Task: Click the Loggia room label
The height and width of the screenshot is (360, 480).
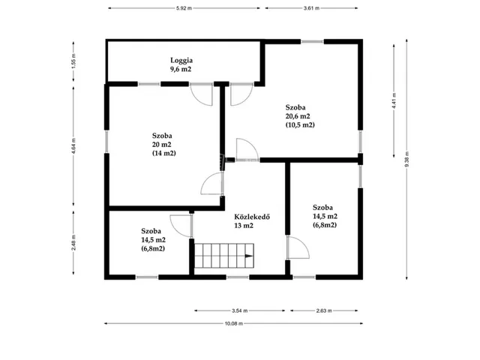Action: click(181, 60)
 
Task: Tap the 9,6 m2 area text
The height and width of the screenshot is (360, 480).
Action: click(181, 69)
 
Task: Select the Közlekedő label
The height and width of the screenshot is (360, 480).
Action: click(252, 217)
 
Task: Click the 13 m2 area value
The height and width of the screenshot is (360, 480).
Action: click(244, 226)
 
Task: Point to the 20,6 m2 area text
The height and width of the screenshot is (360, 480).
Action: click(298, 116)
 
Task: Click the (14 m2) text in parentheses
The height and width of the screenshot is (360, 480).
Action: click(164, 153)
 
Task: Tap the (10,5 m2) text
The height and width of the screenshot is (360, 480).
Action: click(300, 125)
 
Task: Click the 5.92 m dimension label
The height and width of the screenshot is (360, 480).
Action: click(184, 8)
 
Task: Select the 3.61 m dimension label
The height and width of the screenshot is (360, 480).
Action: click(311, 8)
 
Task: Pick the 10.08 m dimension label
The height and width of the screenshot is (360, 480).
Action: click(234, 323)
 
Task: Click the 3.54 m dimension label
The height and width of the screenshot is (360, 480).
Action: click(240, 310)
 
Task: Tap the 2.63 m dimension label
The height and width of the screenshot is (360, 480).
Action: click(324, 310)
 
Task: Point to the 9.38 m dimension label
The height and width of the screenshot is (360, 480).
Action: click(406, 159)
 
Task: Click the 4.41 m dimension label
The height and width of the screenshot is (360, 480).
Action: click(394, 100)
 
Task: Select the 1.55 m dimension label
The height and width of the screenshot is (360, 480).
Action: click(73, 61)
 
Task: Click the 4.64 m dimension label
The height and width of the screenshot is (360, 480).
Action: click(73, 146)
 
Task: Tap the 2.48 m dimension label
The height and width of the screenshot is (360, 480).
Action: click(73, 242)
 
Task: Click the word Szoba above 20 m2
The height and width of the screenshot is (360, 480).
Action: click(162, 136)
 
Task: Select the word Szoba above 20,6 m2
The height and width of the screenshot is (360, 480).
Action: click(295, 107)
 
